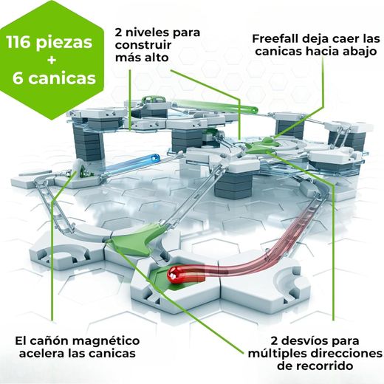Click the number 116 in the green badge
(x=26, y=42)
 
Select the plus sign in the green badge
(x=52, y=60)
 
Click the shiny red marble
(x=177, y=275)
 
